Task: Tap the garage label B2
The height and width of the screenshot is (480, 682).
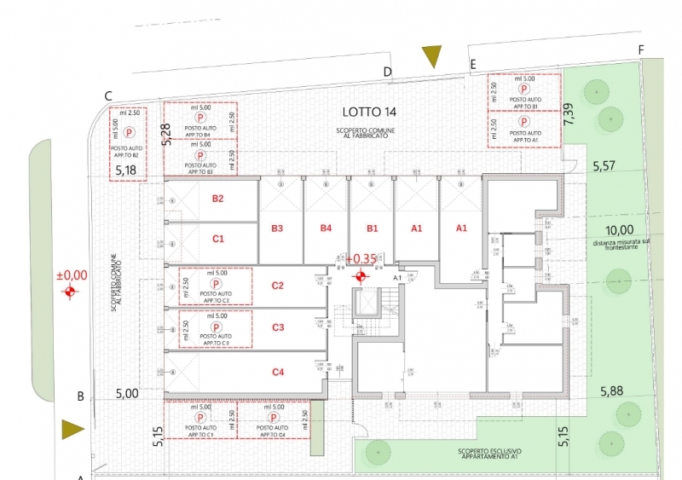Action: [x=217, y=199]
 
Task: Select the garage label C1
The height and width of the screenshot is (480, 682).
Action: [x=217, y=239]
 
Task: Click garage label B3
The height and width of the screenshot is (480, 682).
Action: [x=277, y=228]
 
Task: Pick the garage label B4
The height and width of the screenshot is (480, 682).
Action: [x=325, y=228]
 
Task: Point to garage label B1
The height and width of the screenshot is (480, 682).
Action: [x=372, y=228]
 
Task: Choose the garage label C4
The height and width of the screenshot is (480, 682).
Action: [x=277, y=372]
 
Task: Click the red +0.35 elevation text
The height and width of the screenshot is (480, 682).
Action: [x=362, y=258]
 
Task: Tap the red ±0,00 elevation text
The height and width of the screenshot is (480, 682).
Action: [x=72, y=275]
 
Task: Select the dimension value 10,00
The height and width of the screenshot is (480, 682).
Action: [x=619, y=229]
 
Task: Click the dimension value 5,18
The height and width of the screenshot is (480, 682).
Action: [x=126, y=171]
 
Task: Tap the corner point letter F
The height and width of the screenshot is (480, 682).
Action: [x=640, y=50]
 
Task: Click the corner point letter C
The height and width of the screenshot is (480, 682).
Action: [x=108, y=96]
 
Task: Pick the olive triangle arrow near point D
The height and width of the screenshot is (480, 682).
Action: [x=432, y=56]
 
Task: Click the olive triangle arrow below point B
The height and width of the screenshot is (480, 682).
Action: [x=72, y=429]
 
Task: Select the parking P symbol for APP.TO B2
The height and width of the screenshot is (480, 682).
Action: [x=129, y=132]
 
